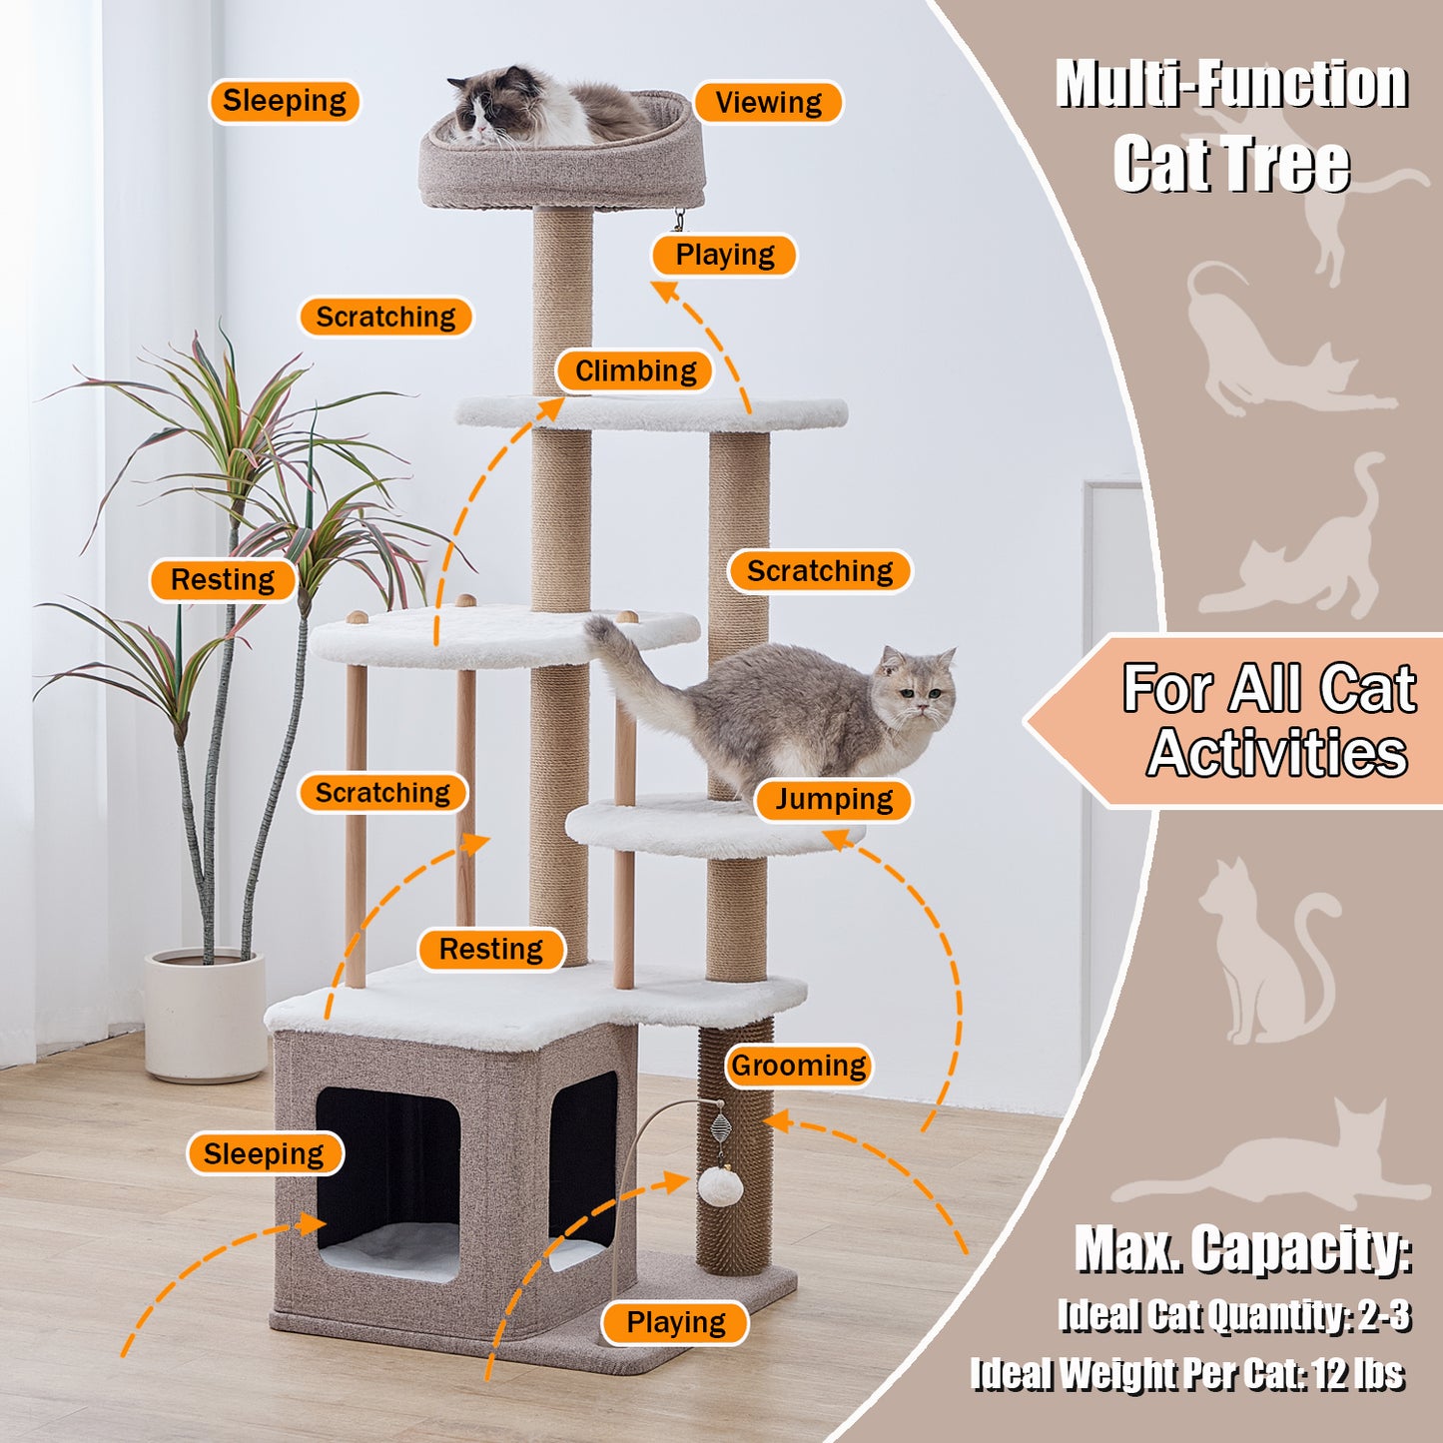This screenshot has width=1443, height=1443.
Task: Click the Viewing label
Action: click(768, 102)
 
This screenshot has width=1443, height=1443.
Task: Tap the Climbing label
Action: click(635, 370)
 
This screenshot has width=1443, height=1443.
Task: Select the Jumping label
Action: click(834, 799)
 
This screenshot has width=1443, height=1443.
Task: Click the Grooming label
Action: click(798, 1065)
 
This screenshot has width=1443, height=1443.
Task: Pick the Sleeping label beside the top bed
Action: click(285, 100)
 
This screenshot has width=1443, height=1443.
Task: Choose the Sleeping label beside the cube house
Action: click(265, 1154)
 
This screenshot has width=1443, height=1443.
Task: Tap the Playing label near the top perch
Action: click(724, 255)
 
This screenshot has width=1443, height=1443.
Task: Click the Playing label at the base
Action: click(675, 1322)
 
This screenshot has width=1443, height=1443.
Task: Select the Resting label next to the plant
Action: click(223, 579)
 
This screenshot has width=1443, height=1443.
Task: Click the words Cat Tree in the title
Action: click(1231, 166)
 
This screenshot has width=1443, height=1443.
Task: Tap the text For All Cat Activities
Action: click(1268, 720)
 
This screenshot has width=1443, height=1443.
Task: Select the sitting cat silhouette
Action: click(1268, 950)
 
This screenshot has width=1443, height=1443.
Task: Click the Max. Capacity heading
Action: click(1243, 1250)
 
